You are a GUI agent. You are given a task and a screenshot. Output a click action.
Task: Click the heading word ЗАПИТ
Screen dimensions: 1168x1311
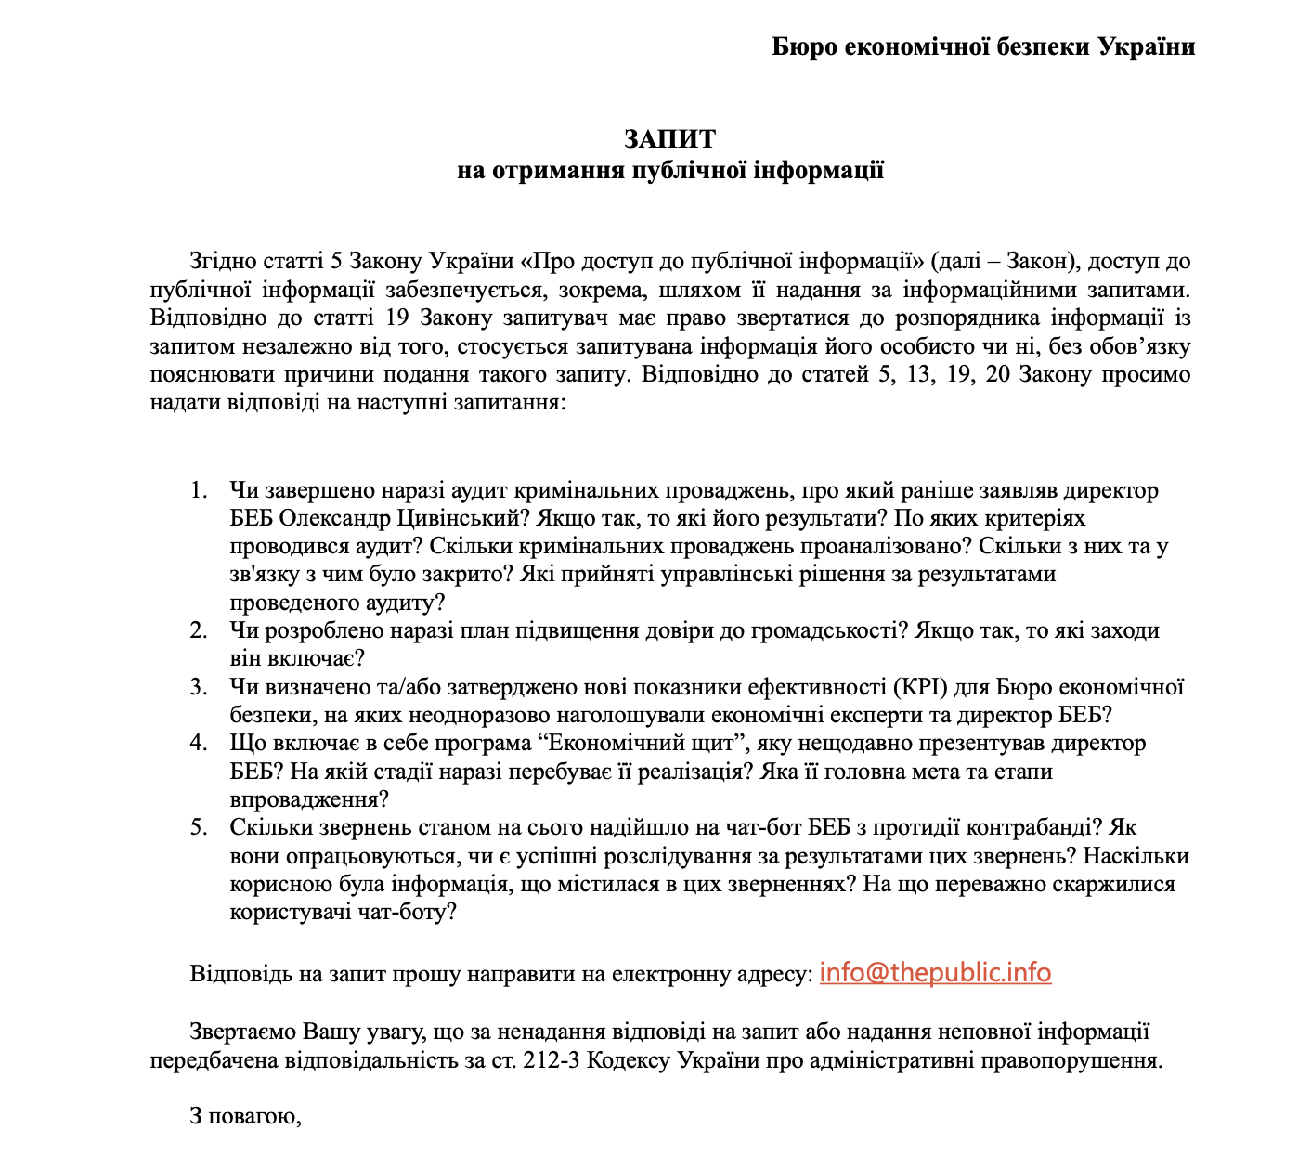click(x=669, y=138)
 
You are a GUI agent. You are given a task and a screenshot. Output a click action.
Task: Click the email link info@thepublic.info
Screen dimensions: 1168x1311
click(x=935, y=973)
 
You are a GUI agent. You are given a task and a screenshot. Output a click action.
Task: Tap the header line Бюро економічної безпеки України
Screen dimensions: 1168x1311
click(x=983, y=46)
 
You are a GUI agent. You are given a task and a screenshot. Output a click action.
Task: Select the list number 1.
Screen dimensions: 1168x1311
click(x=199, y=490)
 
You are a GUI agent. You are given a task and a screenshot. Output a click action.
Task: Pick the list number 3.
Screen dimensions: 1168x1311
click(x=199, y=687)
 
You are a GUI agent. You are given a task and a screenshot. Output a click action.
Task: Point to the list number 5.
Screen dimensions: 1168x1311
click(x=199, y=827)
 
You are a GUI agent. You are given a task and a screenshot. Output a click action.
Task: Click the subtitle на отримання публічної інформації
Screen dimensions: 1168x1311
click(x=669, y=171)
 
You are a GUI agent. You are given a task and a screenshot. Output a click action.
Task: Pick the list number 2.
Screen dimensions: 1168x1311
click(x=199, y=631)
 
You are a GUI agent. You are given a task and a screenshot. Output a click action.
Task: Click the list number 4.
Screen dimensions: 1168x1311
click(x=199, y=744)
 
